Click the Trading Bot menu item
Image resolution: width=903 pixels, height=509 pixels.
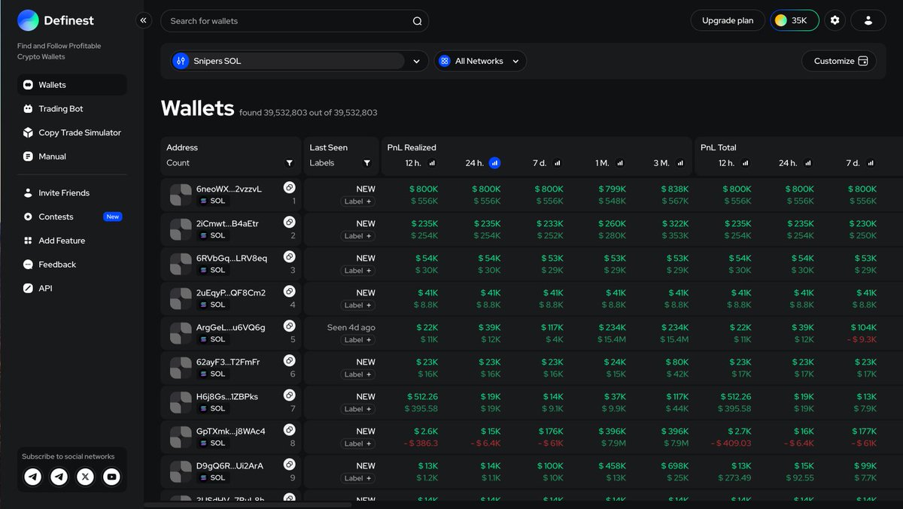coord(60,109)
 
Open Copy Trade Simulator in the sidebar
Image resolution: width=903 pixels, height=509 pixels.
coord(79,133)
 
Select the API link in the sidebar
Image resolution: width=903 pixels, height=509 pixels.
coord(45,289)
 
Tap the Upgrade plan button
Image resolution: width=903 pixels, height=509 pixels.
coord(727,21)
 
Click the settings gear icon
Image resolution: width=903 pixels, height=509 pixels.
coord(835,21)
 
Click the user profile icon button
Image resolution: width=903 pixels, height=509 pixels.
coord(868,21)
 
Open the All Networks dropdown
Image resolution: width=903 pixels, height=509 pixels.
coord(480,62)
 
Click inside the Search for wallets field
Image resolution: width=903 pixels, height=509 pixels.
coord(286,21)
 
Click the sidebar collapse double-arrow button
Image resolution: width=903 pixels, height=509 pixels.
coord(144,21)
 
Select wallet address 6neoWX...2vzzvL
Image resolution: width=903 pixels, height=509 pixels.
coord(229,189)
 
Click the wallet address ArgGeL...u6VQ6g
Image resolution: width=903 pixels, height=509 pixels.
coord(230,328)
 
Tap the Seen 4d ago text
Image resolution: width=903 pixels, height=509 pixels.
coord(351,328)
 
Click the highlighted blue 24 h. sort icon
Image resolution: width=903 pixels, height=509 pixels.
coord(494,163)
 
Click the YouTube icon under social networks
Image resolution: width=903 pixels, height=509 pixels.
coord(111,477)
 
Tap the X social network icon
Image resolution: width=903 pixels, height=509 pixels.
coord(85,477)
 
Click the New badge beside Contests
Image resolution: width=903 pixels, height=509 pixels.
coord(112,217)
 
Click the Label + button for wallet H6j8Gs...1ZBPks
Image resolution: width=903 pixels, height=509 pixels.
coord(358,409)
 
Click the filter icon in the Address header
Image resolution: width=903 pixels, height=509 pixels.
coord(290,163)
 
